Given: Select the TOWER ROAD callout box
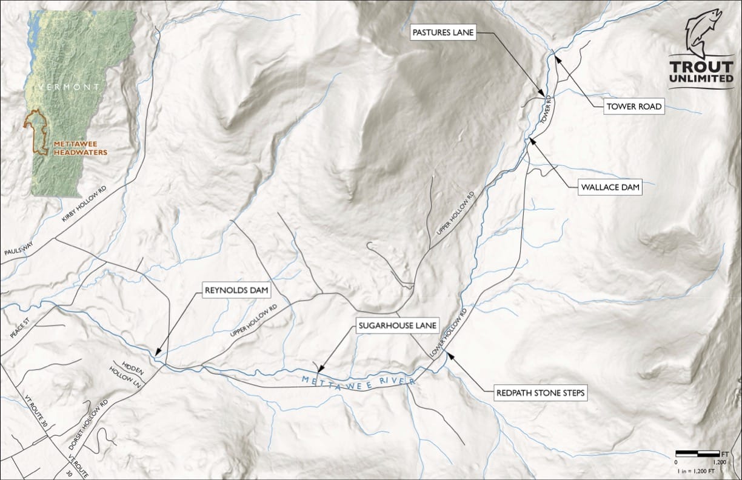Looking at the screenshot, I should (634, 107).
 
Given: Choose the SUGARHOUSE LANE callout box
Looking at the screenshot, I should (396, 326).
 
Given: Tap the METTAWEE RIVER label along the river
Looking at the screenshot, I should (358, 382).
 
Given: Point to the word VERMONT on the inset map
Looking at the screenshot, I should (68, 87).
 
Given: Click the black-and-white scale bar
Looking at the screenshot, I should (697, 453).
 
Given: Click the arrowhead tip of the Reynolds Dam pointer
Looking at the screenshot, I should (156, 355).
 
